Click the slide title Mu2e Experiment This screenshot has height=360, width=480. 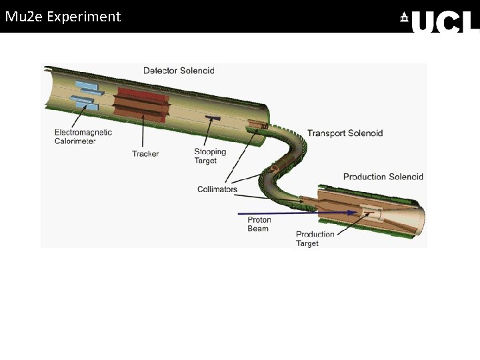pos(63,17)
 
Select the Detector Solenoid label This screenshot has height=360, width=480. pos(179,71)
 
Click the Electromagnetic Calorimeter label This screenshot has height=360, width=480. pos(83,136)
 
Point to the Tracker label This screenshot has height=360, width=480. pos(145,154)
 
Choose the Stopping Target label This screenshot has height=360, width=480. pos(210,156)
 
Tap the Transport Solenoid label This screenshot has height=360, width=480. pos(345,133)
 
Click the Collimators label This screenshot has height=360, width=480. pos(217,189)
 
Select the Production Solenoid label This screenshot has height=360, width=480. pos(383,177)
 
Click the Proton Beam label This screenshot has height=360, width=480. pos(259,224)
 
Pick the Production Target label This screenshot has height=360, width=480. pos(315,239)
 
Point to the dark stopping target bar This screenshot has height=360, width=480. pos(213,118)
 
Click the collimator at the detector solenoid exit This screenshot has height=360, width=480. pos(255,124)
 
